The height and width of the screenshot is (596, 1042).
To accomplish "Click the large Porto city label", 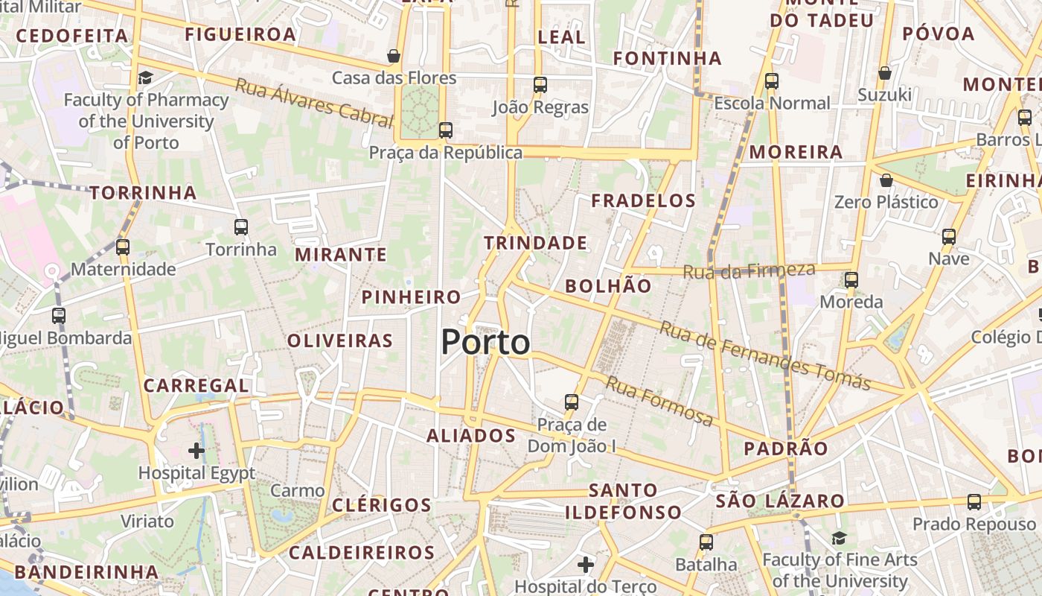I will pyautogui.click(x=485, y=343).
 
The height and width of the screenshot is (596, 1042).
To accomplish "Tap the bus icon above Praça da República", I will pyautogui.click(x=446, y=130).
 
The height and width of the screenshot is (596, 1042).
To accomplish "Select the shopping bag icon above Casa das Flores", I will pyautogui.click(x=394, y=56).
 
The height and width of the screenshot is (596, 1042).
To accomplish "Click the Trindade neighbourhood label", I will pyautogui.click(x=535, y=243).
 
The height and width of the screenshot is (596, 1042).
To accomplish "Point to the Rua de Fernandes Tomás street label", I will pyautogui.click(x=764, y=356).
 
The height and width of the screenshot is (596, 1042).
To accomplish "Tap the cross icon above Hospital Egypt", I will pyautogui.click(x=196, y=450).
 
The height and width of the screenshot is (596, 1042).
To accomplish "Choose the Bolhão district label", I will pyautogui.click(x=608, y=286).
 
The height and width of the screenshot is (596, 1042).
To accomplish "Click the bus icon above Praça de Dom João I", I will pyautogui.click(x=572, y=402).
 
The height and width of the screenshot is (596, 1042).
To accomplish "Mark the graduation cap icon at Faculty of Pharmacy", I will pyautogui.click(x=145, y=77).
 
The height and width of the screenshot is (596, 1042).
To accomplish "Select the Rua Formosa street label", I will pyautogui.click(x=659, y=401).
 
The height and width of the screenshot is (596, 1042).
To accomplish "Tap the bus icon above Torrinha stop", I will pyautogui.click(x=241, y=227).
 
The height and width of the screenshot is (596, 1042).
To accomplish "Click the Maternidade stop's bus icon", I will pyautogui.click(x=123, y=247).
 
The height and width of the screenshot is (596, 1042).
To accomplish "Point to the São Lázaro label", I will pyautogui.click(x=780, y=501).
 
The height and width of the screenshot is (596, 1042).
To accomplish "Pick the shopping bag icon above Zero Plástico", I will pyautogui.click(x=886, y=180).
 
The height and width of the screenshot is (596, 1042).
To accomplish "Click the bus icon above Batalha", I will pyautogui.click(x=706, y=542).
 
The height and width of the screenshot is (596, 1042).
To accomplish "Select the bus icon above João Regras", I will pyautogui.click(x=540, y=85).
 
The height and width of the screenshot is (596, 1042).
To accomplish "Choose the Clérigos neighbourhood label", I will pyautogui.click(x=381, y=505).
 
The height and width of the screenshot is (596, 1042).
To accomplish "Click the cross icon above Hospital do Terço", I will pyautogui.click(x=586, y=565).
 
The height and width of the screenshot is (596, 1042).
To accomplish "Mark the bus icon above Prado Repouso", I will pyautogui.click(x=974, y=502).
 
